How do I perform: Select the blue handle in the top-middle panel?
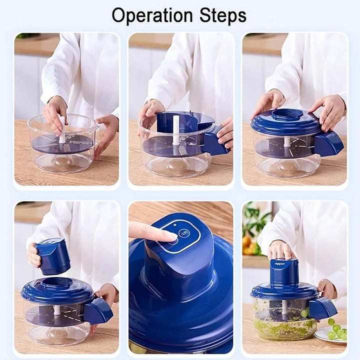(x=214, y=143)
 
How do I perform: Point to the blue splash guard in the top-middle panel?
(x=185, y=122)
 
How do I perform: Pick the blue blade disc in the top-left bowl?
(x=62, y=144)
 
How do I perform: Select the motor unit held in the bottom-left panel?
(x=53, y=255)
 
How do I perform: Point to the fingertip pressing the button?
(x=165, y=234)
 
